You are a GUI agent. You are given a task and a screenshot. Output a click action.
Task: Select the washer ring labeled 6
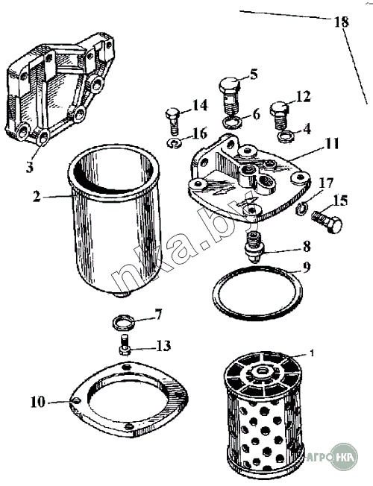click(233, 123)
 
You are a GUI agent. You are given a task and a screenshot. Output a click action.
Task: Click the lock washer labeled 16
click(175, 143)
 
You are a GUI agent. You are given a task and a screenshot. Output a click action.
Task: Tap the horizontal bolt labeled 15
click(327, 221)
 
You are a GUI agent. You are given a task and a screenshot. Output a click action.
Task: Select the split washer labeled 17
click(301, 209)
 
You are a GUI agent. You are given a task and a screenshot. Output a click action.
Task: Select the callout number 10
click(38, 402)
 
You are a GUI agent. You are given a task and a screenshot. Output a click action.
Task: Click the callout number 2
click(37, 196)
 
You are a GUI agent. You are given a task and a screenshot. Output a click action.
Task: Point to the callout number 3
click(29, 167)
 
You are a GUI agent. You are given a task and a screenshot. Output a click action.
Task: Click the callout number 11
click(332, 144)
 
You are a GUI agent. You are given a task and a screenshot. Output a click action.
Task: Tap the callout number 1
click(312, 353)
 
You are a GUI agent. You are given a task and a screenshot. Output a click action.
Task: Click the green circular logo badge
click(344, 456)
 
